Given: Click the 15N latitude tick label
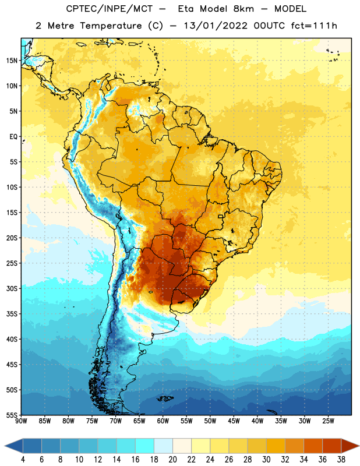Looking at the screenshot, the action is (12, 61).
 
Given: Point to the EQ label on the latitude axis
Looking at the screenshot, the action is (13, 137).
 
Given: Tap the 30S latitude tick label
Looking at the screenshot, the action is (12, 288).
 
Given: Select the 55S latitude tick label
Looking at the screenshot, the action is (12, 415).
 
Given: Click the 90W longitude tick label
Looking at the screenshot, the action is (21, 421).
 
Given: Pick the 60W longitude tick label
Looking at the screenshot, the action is (163, 421).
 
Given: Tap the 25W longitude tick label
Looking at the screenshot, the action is (328, 421).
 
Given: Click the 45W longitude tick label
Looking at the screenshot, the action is (234, 421).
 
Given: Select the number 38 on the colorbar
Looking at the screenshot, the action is (341, 460).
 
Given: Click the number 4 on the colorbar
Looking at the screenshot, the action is (23, 460).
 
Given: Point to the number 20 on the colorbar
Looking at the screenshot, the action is (172, 460).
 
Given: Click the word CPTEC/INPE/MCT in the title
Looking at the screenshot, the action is (109, 9).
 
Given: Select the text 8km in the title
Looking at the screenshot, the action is (243, 9).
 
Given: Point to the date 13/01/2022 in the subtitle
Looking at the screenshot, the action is (216, 26).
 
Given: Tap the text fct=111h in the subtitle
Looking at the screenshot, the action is (314, 26).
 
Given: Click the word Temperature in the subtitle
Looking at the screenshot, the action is (111, 26).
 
